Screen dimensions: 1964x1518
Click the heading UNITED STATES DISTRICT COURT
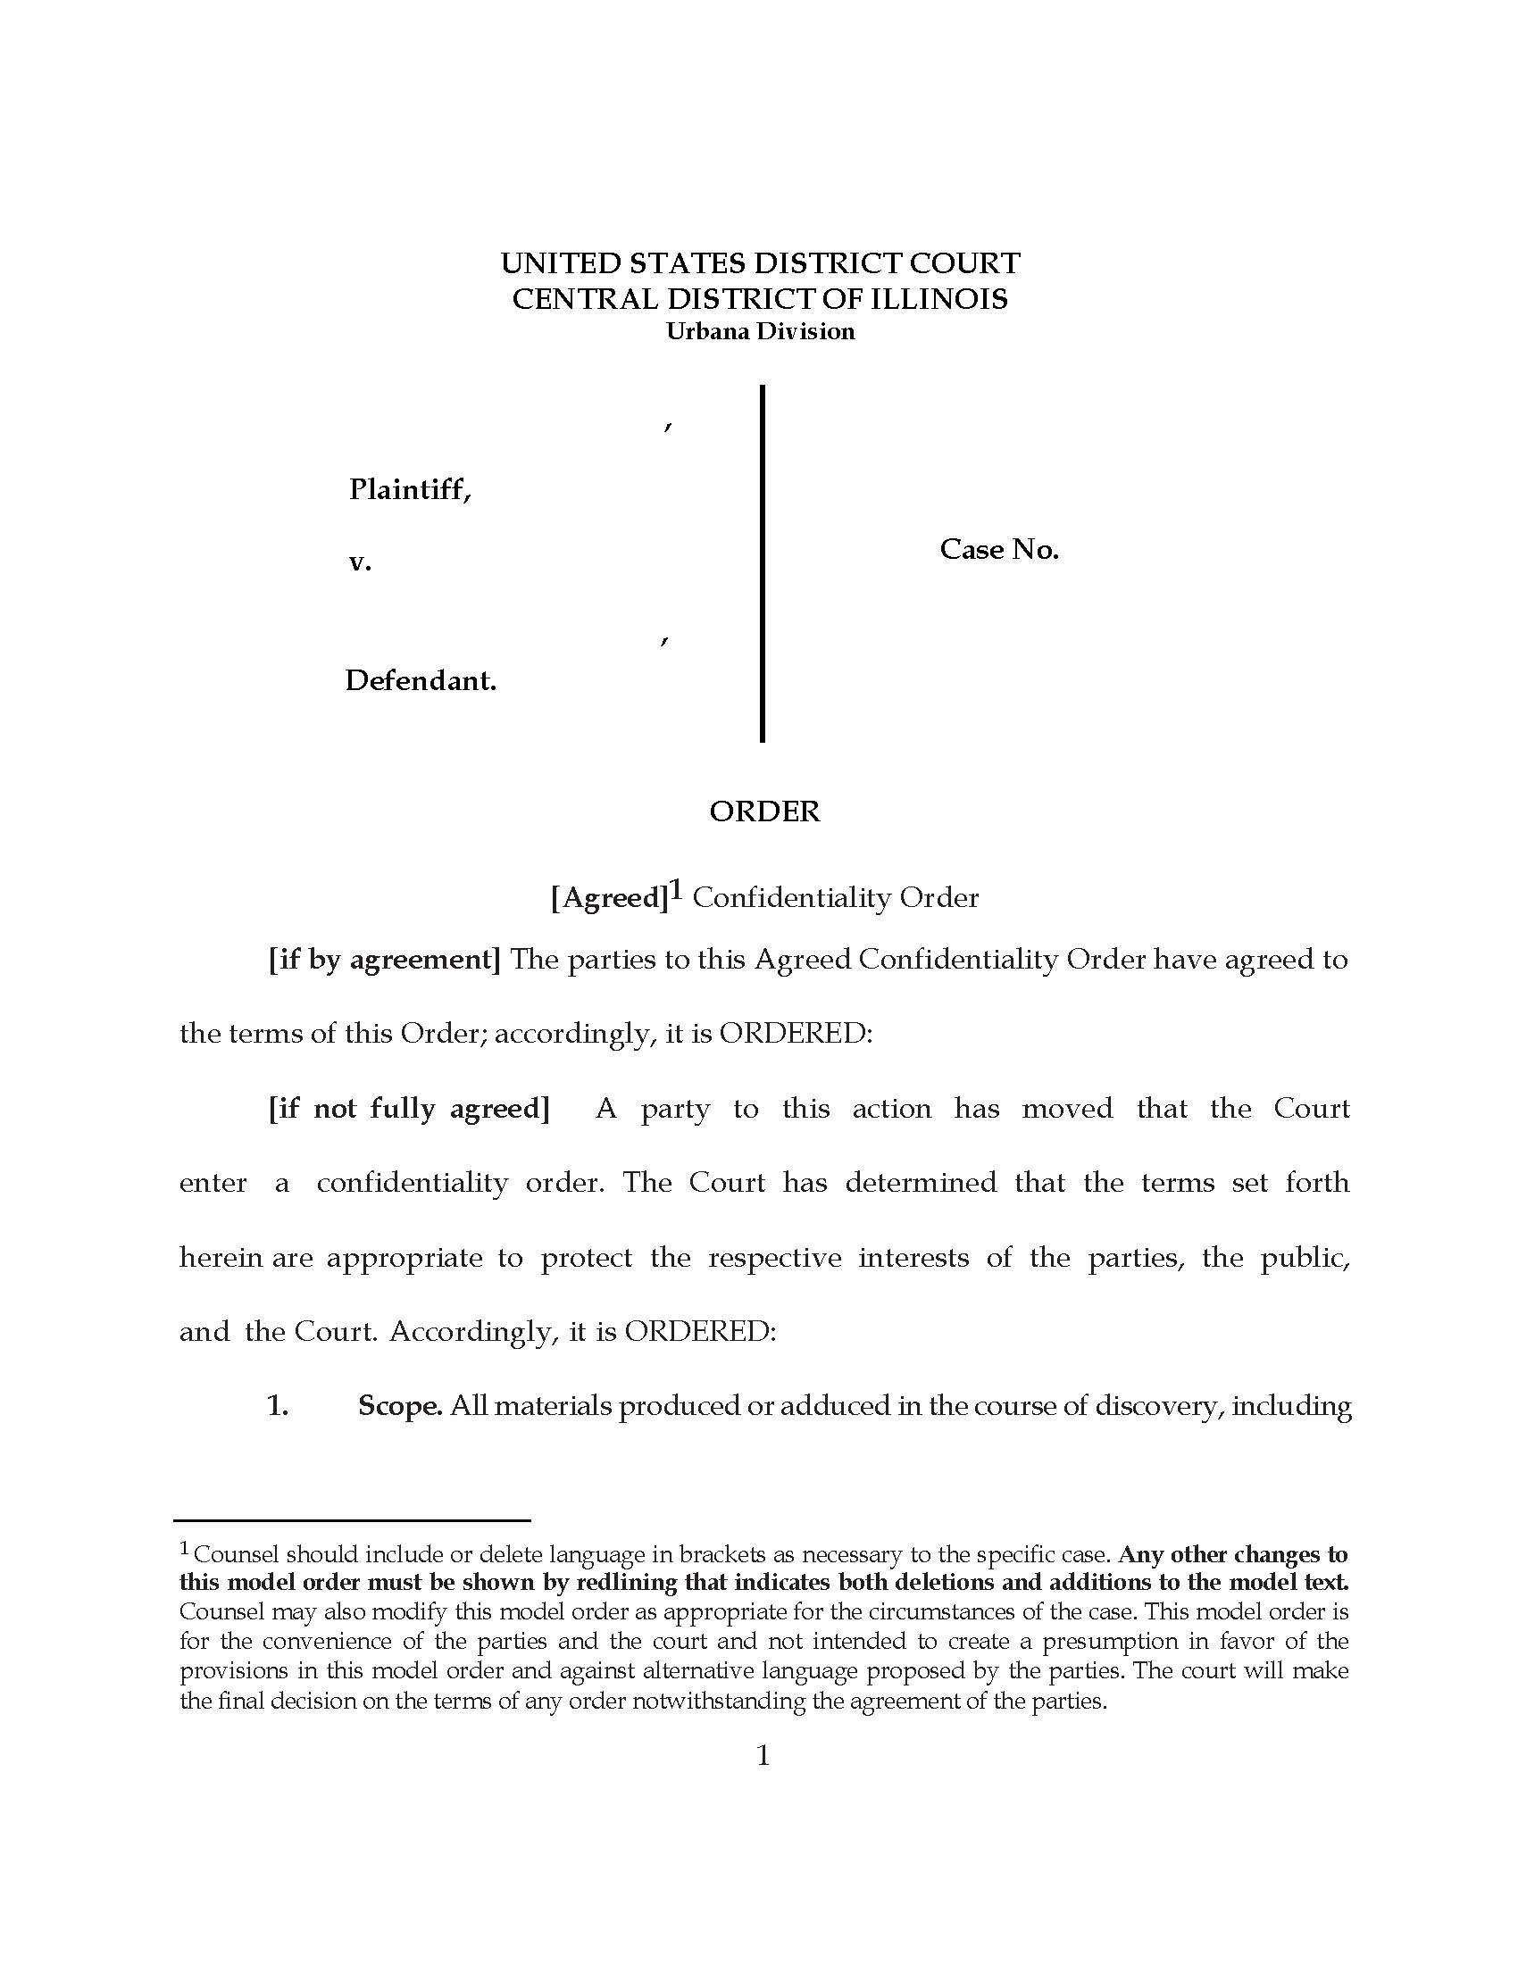point(760,263)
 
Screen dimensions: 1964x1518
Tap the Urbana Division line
point(760,332)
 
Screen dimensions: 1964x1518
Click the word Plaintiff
point(409,490)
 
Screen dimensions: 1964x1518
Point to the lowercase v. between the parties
point(360,563)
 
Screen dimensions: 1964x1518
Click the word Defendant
point(420,681)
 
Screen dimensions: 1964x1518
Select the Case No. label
point(999,549)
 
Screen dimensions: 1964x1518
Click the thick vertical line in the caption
point(763,564)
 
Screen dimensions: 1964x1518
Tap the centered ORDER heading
point(764,812)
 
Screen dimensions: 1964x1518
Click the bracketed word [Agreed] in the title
point(609,898)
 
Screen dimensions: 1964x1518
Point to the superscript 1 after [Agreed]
point(676,890)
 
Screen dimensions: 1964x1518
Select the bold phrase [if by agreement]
point(384,961)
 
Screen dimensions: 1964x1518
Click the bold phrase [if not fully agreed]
point(408,1109)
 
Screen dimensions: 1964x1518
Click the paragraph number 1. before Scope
point(277,1406)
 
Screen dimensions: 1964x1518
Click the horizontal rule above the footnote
point(353,1519)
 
